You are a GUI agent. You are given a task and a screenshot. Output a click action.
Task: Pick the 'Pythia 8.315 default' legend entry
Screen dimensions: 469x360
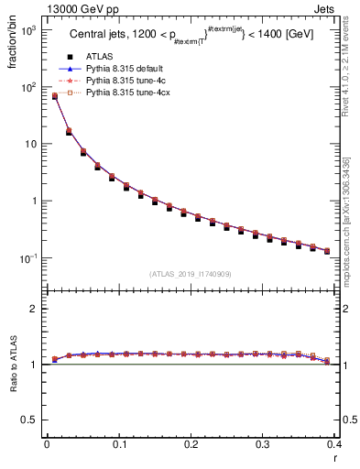tap(124, 69)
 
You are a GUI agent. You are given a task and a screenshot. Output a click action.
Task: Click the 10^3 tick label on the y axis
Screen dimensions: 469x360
tap(27, 30)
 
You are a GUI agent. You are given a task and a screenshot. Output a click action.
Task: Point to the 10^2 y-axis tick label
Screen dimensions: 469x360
tap(27, 87)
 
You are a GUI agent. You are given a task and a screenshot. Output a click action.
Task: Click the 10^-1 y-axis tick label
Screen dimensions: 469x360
tap(27, 258)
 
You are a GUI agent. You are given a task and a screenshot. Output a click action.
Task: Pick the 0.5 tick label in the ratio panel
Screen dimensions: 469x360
tap(30, 420)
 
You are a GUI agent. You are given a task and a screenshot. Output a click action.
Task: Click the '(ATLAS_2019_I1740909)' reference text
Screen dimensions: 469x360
tap(191, 274)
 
